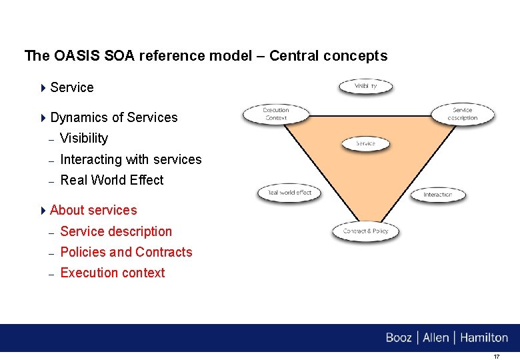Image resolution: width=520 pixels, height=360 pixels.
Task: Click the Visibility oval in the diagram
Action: pos(366,87)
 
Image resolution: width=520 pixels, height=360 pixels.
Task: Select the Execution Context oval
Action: pos(275,114)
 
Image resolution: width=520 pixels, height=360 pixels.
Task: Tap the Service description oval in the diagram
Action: pos(463,114)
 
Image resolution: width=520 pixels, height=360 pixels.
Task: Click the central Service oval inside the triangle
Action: pos(365,143)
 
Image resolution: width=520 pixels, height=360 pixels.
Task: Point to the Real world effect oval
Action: pos(289,193)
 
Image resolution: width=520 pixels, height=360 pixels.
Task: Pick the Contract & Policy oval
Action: pos(365,231)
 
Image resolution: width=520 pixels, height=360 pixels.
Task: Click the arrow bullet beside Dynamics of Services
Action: pos(43,118)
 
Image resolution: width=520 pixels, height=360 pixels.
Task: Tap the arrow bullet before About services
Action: pos(43,211)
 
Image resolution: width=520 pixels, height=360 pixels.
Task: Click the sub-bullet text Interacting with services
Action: pos(131,159)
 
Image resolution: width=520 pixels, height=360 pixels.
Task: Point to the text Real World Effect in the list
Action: pos(111,180)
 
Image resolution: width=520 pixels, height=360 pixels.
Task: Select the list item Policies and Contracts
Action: pos(126,252)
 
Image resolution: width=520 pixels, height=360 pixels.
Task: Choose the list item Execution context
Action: pos(112,273)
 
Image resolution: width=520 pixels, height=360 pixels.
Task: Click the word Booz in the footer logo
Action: pos(399,338)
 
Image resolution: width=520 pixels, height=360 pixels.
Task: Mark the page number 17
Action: pos(496,357)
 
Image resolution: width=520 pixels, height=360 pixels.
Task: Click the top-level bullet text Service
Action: pos(71,87)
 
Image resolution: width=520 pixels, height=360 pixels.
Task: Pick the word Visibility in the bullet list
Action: pos(83,138)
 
